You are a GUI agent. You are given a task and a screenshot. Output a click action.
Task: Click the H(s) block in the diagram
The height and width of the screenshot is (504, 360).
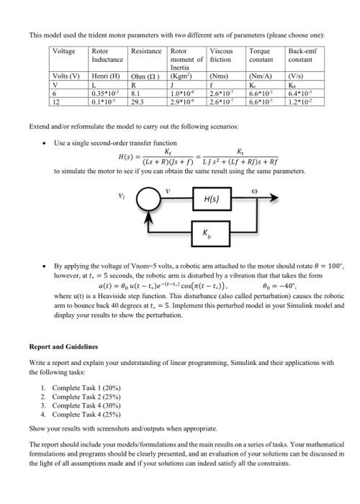[x=212, y=198]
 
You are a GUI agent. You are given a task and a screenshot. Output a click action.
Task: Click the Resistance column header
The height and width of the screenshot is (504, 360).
[x=146, y=52]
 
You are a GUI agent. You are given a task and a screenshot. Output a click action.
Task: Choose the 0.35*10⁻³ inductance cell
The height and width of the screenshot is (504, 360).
[x=105, y=92]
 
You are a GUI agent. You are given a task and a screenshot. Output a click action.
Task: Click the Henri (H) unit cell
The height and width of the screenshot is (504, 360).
[x=104, y=76]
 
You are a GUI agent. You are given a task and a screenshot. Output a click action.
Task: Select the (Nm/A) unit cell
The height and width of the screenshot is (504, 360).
[x=259, y=76]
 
